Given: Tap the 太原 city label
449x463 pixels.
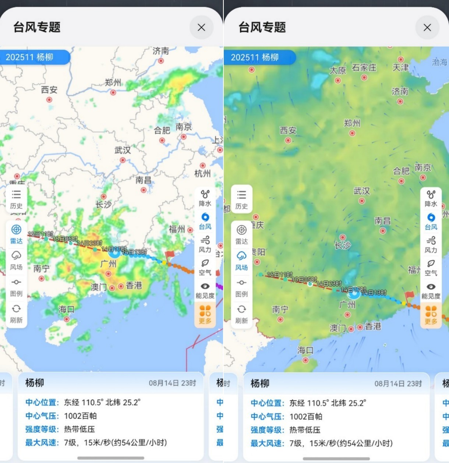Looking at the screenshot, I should [x=337, y=70].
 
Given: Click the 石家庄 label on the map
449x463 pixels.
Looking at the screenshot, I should [x=364, y=68].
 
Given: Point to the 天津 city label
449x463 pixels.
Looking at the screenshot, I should [x=400, y=67].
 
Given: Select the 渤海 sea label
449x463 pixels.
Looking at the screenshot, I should [x=439, y=62].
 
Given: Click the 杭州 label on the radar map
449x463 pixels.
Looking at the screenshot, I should [x=202, y=173].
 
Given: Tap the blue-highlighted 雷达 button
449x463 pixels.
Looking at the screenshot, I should [x=16, y=234].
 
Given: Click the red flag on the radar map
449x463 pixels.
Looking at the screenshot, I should [x=169, y=255].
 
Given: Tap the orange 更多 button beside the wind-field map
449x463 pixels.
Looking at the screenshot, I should [x=431, y=315].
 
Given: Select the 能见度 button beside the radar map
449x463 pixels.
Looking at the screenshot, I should [x=205, y=290].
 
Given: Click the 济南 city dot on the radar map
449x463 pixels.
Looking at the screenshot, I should [x=161, y=61].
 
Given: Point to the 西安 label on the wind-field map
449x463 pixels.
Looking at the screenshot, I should [x=288, y=130].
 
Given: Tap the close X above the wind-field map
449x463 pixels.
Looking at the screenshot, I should [x=427, y=28].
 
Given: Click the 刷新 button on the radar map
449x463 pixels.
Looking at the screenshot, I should [x=16, y=314].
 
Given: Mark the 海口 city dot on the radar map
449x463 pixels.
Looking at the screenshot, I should [x=67, y=319].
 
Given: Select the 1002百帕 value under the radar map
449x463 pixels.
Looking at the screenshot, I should [x=80, y=416].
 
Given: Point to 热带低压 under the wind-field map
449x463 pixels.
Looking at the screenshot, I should [x=305, y=430].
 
